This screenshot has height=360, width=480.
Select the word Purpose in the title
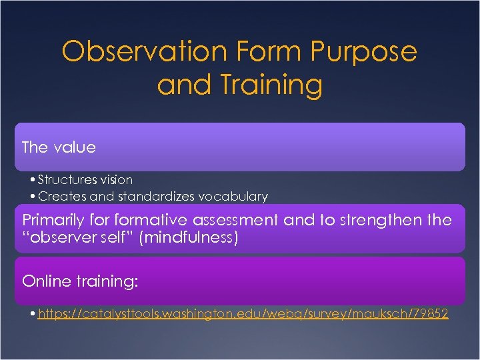(363, 51)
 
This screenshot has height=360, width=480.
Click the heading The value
(59, 147)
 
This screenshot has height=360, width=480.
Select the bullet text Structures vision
(85, 179)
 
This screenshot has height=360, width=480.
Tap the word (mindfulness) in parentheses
(189, 237)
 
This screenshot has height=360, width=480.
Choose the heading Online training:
(80, 281)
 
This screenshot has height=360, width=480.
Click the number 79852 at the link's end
(429, 313)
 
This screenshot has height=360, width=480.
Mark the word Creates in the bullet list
(57, 196)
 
